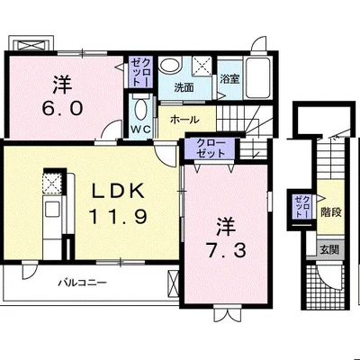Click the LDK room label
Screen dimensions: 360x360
tap(118, 191)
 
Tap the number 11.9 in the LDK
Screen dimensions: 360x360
tap(118, 217)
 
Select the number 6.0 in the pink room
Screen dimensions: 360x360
tap(62, 108)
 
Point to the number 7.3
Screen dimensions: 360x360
tap(226, 250)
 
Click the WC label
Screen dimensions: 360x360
tap(141, 130)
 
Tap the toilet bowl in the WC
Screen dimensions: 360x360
tap(140, 110)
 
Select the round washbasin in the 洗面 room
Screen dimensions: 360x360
tap(169, 65)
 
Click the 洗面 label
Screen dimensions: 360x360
tap(184, 87)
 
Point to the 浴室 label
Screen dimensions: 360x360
tap(229, 79)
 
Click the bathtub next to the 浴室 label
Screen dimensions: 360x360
tap(257, 77)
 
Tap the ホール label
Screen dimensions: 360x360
tap(184, 120)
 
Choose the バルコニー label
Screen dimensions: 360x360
tap(83, 283)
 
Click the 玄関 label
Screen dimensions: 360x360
tap(329, 249)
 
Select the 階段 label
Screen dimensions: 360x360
tap(331, 212)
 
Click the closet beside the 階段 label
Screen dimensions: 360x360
tap(301, 207)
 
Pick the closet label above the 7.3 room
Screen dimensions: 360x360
tap(211, 148)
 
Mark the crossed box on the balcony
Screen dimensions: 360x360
tap(173, 283)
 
